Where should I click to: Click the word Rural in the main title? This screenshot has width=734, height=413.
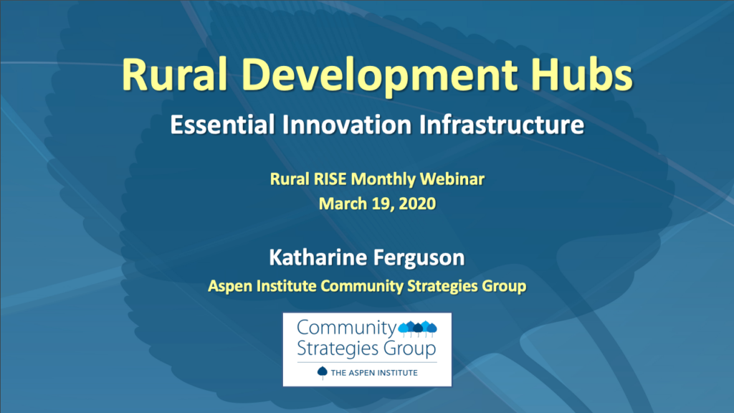174,75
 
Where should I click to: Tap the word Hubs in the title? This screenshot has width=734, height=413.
582,73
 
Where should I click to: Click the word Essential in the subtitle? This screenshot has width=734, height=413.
222,125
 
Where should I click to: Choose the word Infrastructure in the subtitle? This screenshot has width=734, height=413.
502,125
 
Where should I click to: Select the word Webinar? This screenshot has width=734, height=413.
452,179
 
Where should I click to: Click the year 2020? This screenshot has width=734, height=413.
418,204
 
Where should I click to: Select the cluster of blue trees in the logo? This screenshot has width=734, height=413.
418,329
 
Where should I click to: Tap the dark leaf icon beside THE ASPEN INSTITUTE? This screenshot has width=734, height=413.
322,373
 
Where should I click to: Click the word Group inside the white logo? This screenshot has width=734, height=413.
409,349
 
